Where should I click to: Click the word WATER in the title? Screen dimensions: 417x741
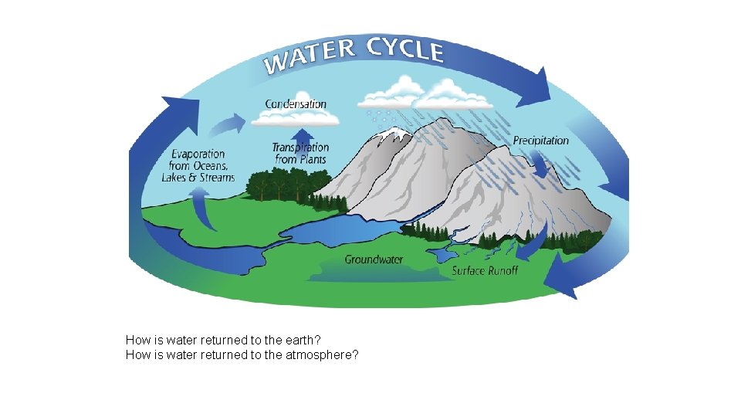point(306,56)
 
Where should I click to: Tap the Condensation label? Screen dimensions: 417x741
point(296,103)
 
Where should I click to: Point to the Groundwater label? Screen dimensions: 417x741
point(374,259)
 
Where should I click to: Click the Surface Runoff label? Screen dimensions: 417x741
point(485,270)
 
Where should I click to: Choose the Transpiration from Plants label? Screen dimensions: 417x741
point(300,153)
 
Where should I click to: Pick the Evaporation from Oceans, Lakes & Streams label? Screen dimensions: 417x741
point(198,166)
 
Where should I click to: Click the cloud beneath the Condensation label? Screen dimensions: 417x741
point(295,117)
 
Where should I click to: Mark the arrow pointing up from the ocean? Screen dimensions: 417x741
point(202,208)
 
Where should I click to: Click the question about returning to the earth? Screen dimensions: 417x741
point(224,340)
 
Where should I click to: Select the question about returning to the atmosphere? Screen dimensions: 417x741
point(242,355)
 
